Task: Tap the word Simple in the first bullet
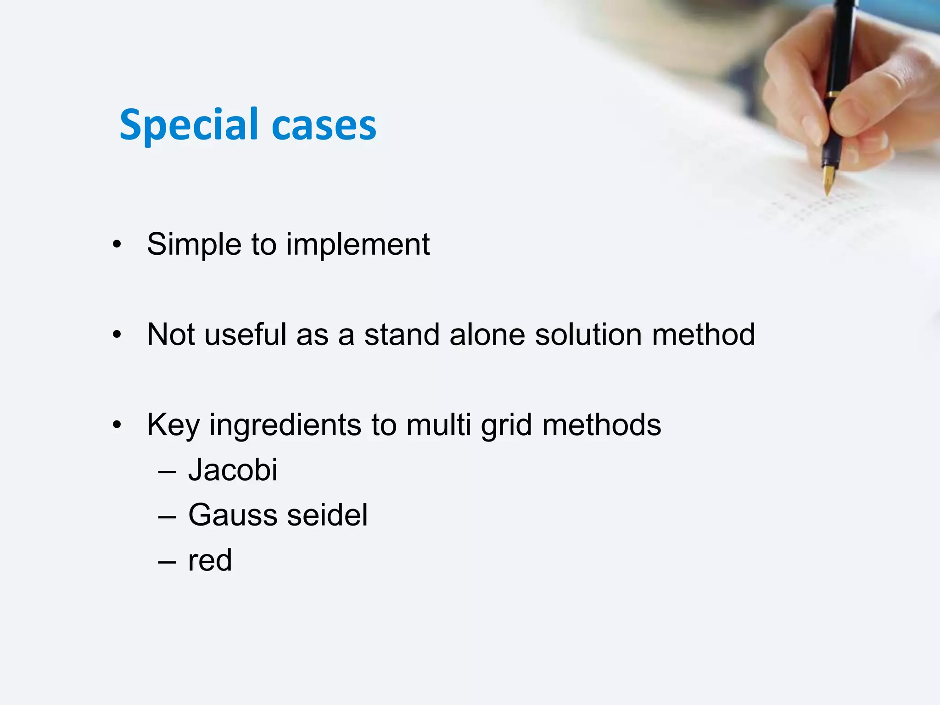(193, 245)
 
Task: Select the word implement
(358, 245)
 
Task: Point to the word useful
(246, 335)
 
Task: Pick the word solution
(588, 335)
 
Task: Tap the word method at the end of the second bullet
(703, 335)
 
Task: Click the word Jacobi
(233, 470)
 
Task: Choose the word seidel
(327, 515)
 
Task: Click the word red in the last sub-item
(210, 560)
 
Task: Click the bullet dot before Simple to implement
(117, 245)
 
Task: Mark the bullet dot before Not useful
(117, 335)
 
